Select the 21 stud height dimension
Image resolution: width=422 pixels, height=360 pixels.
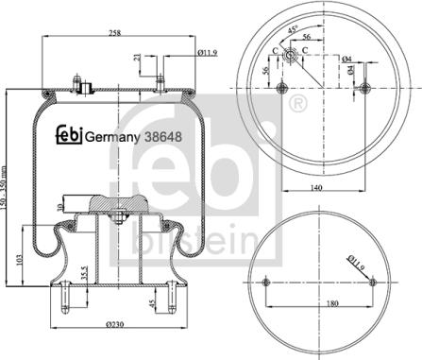[139, 61]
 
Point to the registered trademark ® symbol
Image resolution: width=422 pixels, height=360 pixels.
[296, 101]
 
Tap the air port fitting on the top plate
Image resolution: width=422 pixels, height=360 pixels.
[84, 90]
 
